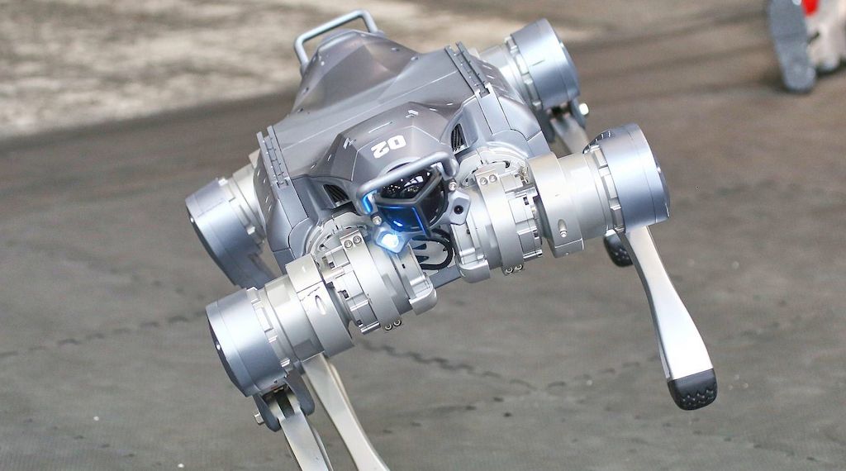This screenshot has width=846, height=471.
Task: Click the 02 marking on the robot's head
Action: click(389, 145)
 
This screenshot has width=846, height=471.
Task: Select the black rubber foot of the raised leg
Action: click(693, 388)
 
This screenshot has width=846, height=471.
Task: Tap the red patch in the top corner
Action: click(810, 7)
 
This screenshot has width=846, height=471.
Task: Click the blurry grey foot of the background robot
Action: click(791, 45)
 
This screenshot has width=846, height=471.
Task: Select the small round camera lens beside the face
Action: click(459, 207)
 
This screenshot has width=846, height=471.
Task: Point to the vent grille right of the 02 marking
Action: click(459, 138)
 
